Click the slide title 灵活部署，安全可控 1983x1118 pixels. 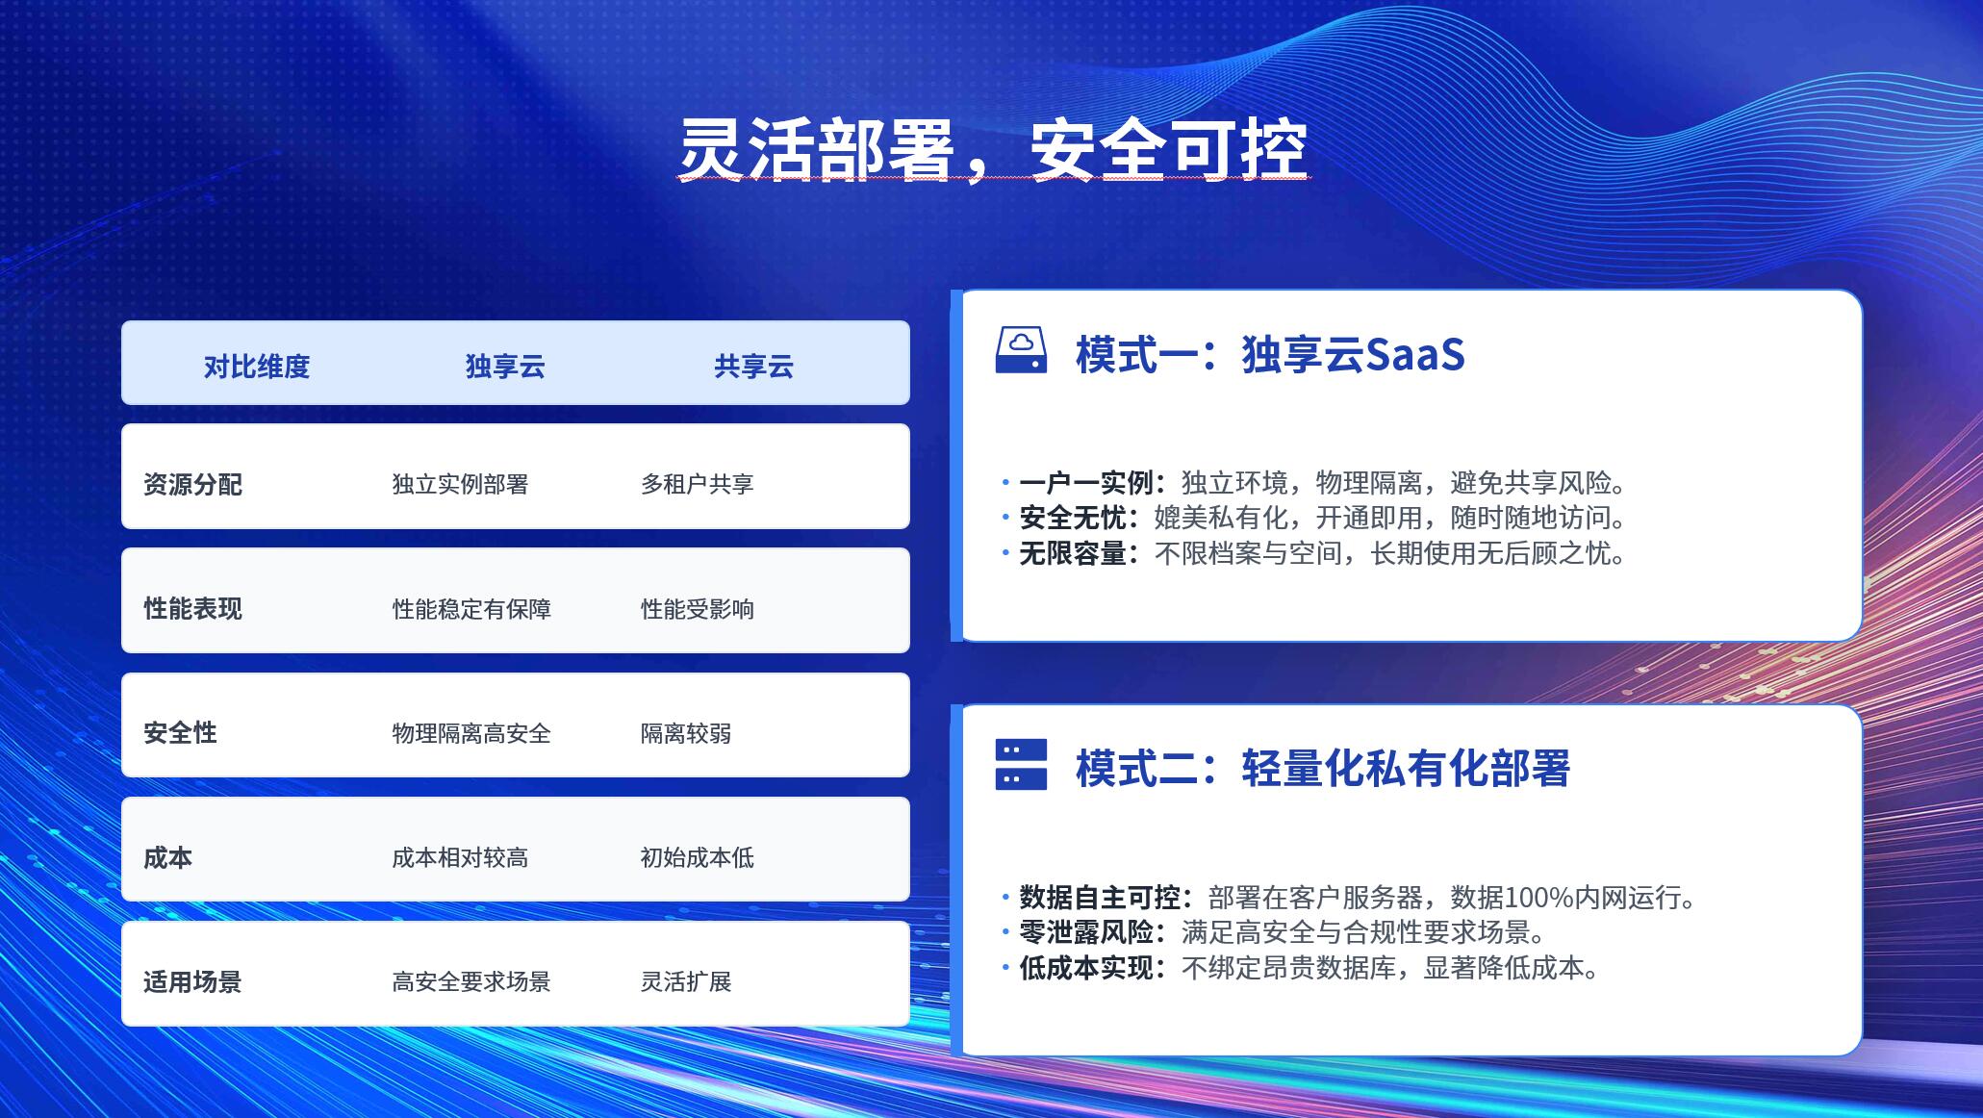993,150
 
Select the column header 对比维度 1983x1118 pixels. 257,367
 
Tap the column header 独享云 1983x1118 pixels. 505,367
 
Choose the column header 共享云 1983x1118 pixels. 753,367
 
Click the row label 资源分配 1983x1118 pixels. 192,484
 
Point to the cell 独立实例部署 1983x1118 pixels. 460,484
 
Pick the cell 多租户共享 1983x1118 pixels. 698,484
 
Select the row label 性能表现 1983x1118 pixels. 192,609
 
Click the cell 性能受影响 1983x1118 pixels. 698,609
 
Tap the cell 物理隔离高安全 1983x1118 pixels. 471,733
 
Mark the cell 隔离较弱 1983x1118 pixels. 686,733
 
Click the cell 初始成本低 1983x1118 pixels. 698,857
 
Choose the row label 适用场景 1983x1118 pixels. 192,982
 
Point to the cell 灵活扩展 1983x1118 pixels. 686,982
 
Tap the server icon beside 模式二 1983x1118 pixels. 1021,765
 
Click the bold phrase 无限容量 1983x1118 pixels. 1073,554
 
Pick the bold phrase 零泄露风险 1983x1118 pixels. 1086,932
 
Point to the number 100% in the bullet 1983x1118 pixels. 1538,898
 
